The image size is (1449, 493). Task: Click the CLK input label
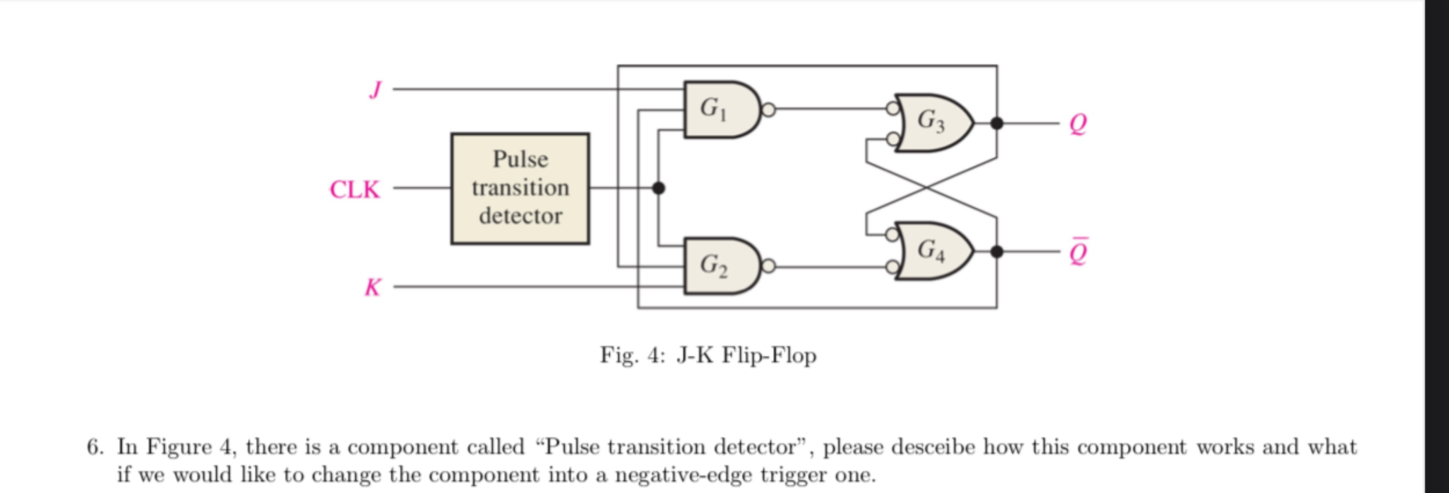[x=354, y=190]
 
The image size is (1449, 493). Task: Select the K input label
[x=372, y=287]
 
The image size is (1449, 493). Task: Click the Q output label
[x=1077, y=123]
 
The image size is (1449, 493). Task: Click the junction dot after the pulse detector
[x=658, y=188]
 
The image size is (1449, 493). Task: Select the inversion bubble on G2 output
[x=769, y=266]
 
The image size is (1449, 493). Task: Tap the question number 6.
[x=95, y=447]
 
